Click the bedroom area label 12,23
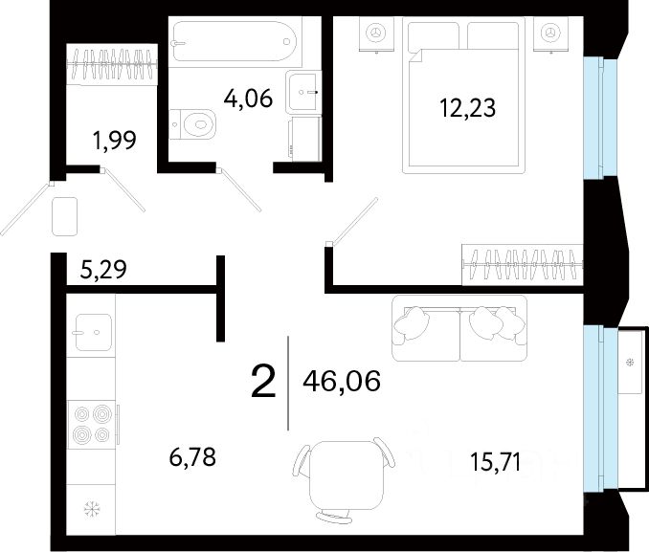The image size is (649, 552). coord(467,108)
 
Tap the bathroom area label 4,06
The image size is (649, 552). coord(248,99)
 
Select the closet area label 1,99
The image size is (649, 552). coord(115,141)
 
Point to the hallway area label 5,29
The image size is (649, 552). coord(103,270)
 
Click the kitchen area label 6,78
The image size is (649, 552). coord(192,457)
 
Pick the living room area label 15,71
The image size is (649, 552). coord(496,462)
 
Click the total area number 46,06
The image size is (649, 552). coord(342,381)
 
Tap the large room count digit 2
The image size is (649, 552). coord(263,382)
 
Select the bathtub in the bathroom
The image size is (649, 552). coord(235,41)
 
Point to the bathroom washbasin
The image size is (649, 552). coord(303,92)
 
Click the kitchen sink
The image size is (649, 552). coord(93,332)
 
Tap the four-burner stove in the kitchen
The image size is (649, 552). coord(92,424)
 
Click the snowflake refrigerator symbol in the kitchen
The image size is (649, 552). coord(92,509)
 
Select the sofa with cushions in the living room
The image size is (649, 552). coord(459,328)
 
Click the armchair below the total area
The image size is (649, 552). coord(344,480)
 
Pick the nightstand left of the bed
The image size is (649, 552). coord(376,34)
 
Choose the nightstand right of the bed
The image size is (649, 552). coord(550,34)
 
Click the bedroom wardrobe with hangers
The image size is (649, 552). coord(523,265)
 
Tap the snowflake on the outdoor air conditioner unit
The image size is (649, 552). coord(631,363)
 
